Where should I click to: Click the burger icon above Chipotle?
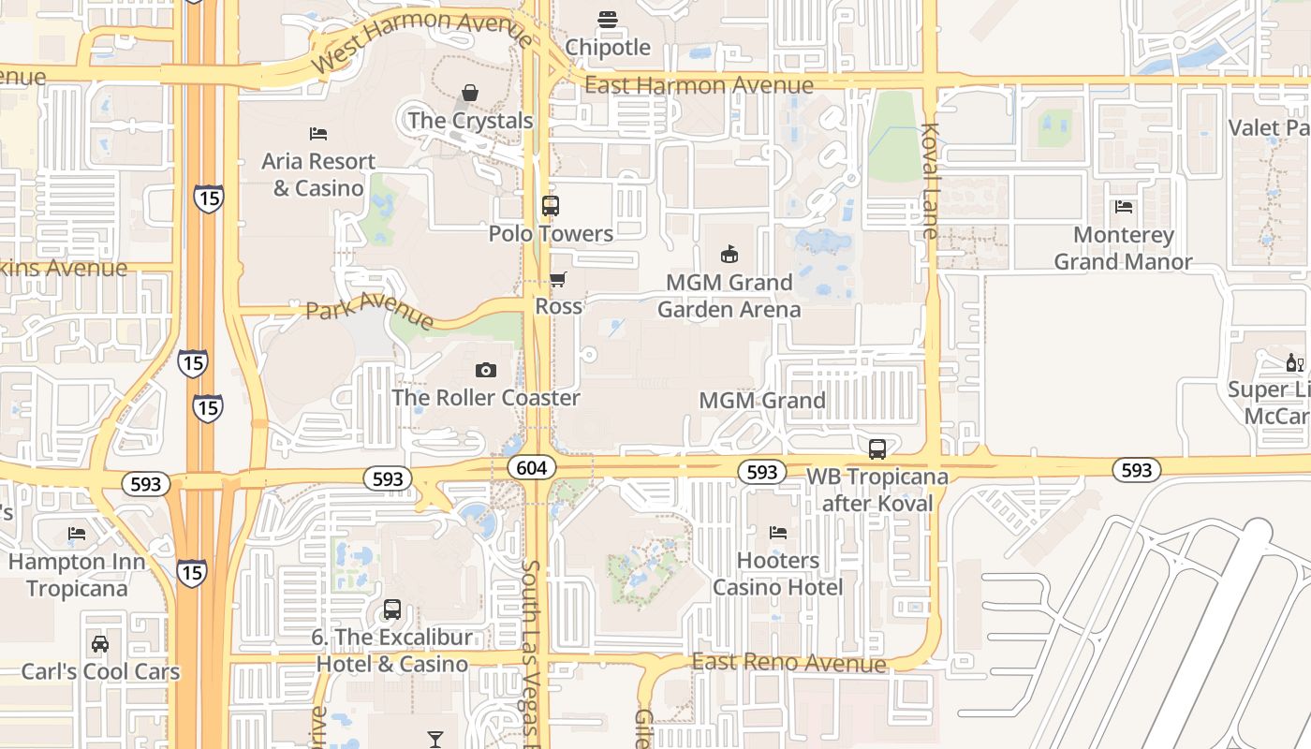607,19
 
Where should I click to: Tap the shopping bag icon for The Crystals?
470,93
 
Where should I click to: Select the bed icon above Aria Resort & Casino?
318,134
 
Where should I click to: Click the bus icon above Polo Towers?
551,206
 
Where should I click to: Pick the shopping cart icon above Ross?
558,279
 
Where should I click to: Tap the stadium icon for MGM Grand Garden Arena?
729,254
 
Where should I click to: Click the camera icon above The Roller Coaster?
485,370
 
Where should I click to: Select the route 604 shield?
533,467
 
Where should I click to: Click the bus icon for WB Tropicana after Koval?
877,449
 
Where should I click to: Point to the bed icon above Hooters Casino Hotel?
777,533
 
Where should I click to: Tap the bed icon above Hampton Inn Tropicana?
77,534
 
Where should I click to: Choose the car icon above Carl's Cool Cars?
99,644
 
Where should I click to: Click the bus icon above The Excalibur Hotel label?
392,610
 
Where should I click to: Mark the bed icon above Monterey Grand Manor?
1124,207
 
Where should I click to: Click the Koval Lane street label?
930,181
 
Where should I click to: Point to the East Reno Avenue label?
788,663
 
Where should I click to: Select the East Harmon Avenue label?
699,85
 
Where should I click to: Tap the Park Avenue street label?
370,309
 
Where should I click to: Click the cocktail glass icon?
435,740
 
